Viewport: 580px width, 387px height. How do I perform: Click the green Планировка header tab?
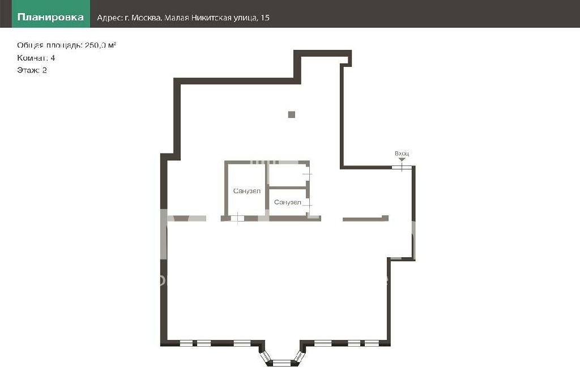click(50, 14)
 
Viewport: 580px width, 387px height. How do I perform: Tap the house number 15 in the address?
click(265, 18)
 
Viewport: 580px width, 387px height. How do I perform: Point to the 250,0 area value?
click(95, 45)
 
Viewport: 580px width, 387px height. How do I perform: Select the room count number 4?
click(53, 58)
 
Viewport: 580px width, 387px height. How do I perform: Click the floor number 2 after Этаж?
click(44, 70)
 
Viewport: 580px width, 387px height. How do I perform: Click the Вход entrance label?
click(402, 153)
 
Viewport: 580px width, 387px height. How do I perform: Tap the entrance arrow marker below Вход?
click(402, 159)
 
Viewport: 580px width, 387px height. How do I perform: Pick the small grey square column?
click(292, 114)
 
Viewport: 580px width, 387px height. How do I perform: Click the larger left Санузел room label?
click(247, 191)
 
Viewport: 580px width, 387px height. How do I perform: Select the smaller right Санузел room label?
click(287, 202)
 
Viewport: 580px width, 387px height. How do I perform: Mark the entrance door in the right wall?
click(402, 167)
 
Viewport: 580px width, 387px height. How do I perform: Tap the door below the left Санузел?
click(237, 218)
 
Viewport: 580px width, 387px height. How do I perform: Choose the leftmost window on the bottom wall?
click(186, 343)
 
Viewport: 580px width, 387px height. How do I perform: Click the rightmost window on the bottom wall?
click(372, 343)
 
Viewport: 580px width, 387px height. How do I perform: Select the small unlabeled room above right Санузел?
click(287, 175)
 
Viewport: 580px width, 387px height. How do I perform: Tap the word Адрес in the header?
click(109, 18)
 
